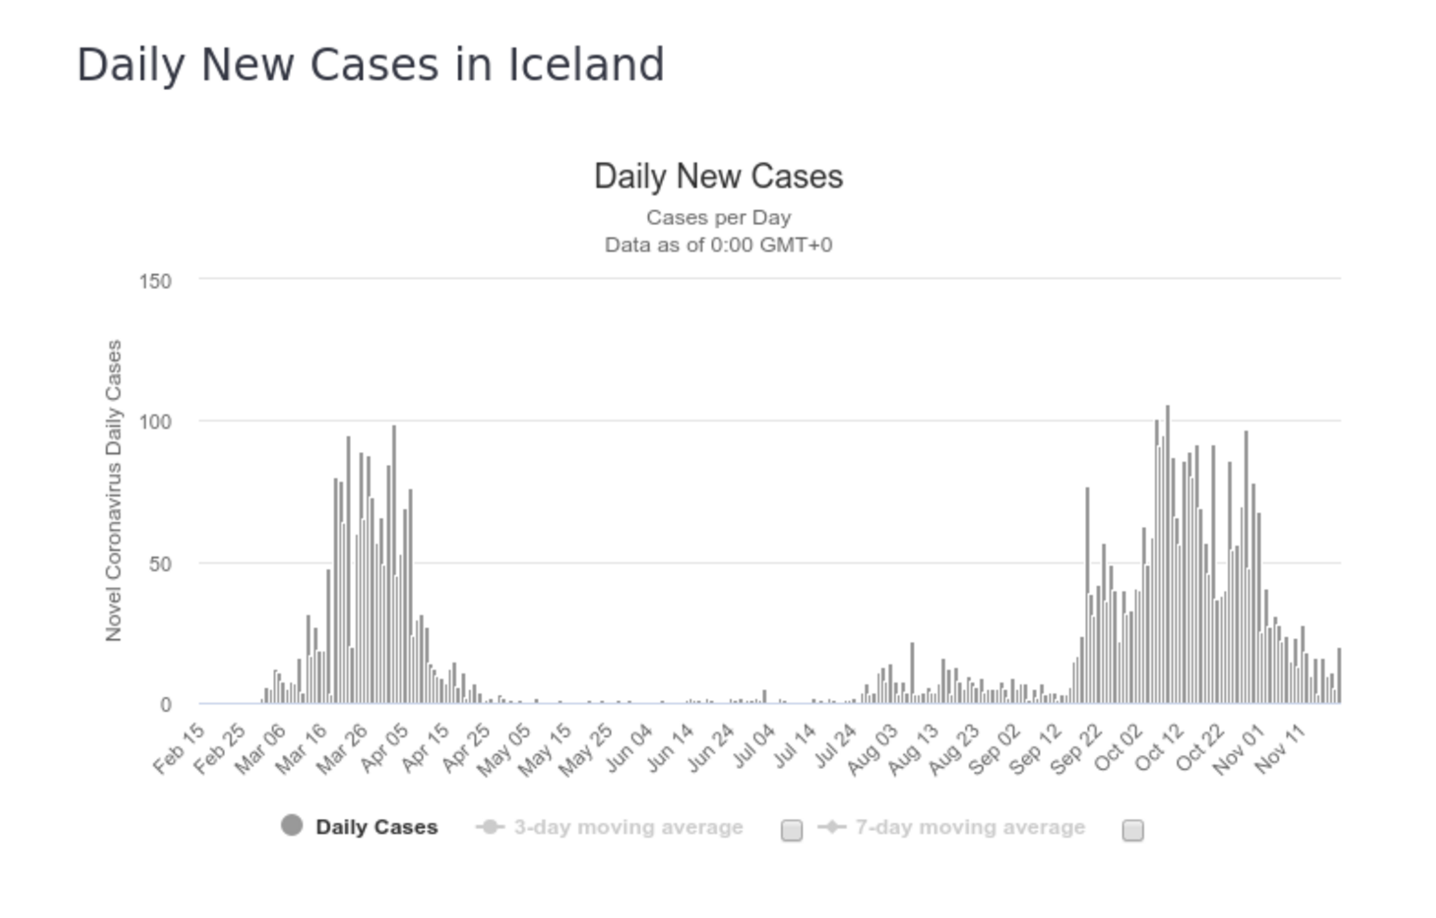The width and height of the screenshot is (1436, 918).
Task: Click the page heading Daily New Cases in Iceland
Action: pyautogui.click(x=371, y=65)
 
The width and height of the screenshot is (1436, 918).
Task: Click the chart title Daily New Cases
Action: pyautogui.click(x=718, y=176)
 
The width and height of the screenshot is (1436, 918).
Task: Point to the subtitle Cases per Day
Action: pyautogui.click(x=718, y=217)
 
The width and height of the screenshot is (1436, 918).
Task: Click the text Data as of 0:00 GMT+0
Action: pyautogui.click(x=718, y=245)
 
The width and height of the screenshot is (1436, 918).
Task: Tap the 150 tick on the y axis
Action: pyautogui.click(x=155, y=281)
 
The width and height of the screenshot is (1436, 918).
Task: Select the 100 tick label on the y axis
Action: pyautogui.click(x=155, y=422)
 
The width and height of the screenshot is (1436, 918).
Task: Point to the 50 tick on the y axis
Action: pyautogui.click(x=159, y=564)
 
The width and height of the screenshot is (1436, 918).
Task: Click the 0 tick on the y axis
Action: pyautogui.click(x=165, y=705)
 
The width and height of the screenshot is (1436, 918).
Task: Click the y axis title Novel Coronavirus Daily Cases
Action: pyautogui.click(x=114, y=490)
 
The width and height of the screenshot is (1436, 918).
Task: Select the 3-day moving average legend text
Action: pyautogui.click(x=628, y=827)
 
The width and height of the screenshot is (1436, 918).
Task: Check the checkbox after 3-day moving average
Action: pyautogui.click(x=792, y=830)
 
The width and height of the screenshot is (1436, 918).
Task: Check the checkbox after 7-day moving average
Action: pyautogui.click(x=1132, y=830)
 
